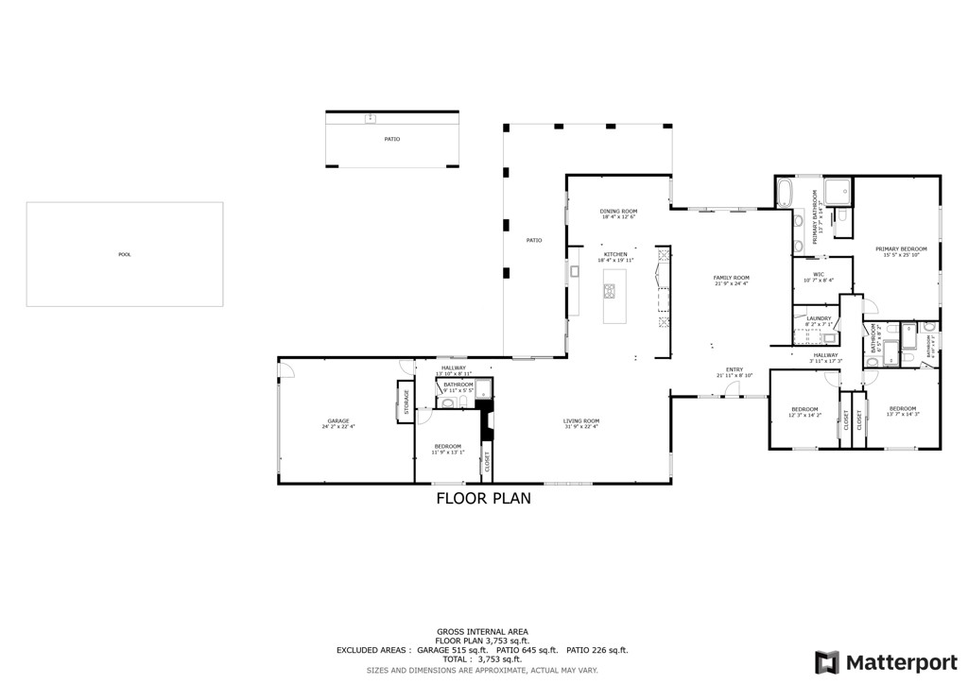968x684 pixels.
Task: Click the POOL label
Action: pyautogui.click(x=125, y=254)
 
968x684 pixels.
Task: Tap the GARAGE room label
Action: pyautogui.click(x=338, y=421)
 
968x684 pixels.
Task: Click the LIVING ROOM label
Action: pyautogui.click(x=581, y=421)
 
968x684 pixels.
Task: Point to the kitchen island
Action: pyautogui.click(x=610, y=297)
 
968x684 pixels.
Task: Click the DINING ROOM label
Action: pyautogui.click(x=618, y=212)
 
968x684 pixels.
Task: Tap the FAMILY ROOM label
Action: pyautogui.click(x=731, y=278)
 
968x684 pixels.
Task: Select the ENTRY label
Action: pyautogui.click(x=735, y=369)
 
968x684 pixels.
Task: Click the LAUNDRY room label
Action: pyautogui.click(x=819, y=318)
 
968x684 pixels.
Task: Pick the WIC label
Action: pyautogui.click(x=819, y=275)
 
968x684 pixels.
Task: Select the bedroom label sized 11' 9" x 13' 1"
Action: pyautogui.click(x=448, y=447)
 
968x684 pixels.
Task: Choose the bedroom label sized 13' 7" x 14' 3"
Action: pyautogui.click(x=902, y=409)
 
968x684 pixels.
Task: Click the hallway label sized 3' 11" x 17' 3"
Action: pyautogui.click(x=825, y=355)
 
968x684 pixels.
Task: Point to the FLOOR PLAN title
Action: pyautogui.click(x=483, y=498)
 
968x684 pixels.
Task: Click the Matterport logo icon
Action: pyautogui.click(x=827, y=661)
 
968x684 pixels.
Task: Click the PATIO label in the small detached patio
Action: pyautogui.click(x=391, y=139)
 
